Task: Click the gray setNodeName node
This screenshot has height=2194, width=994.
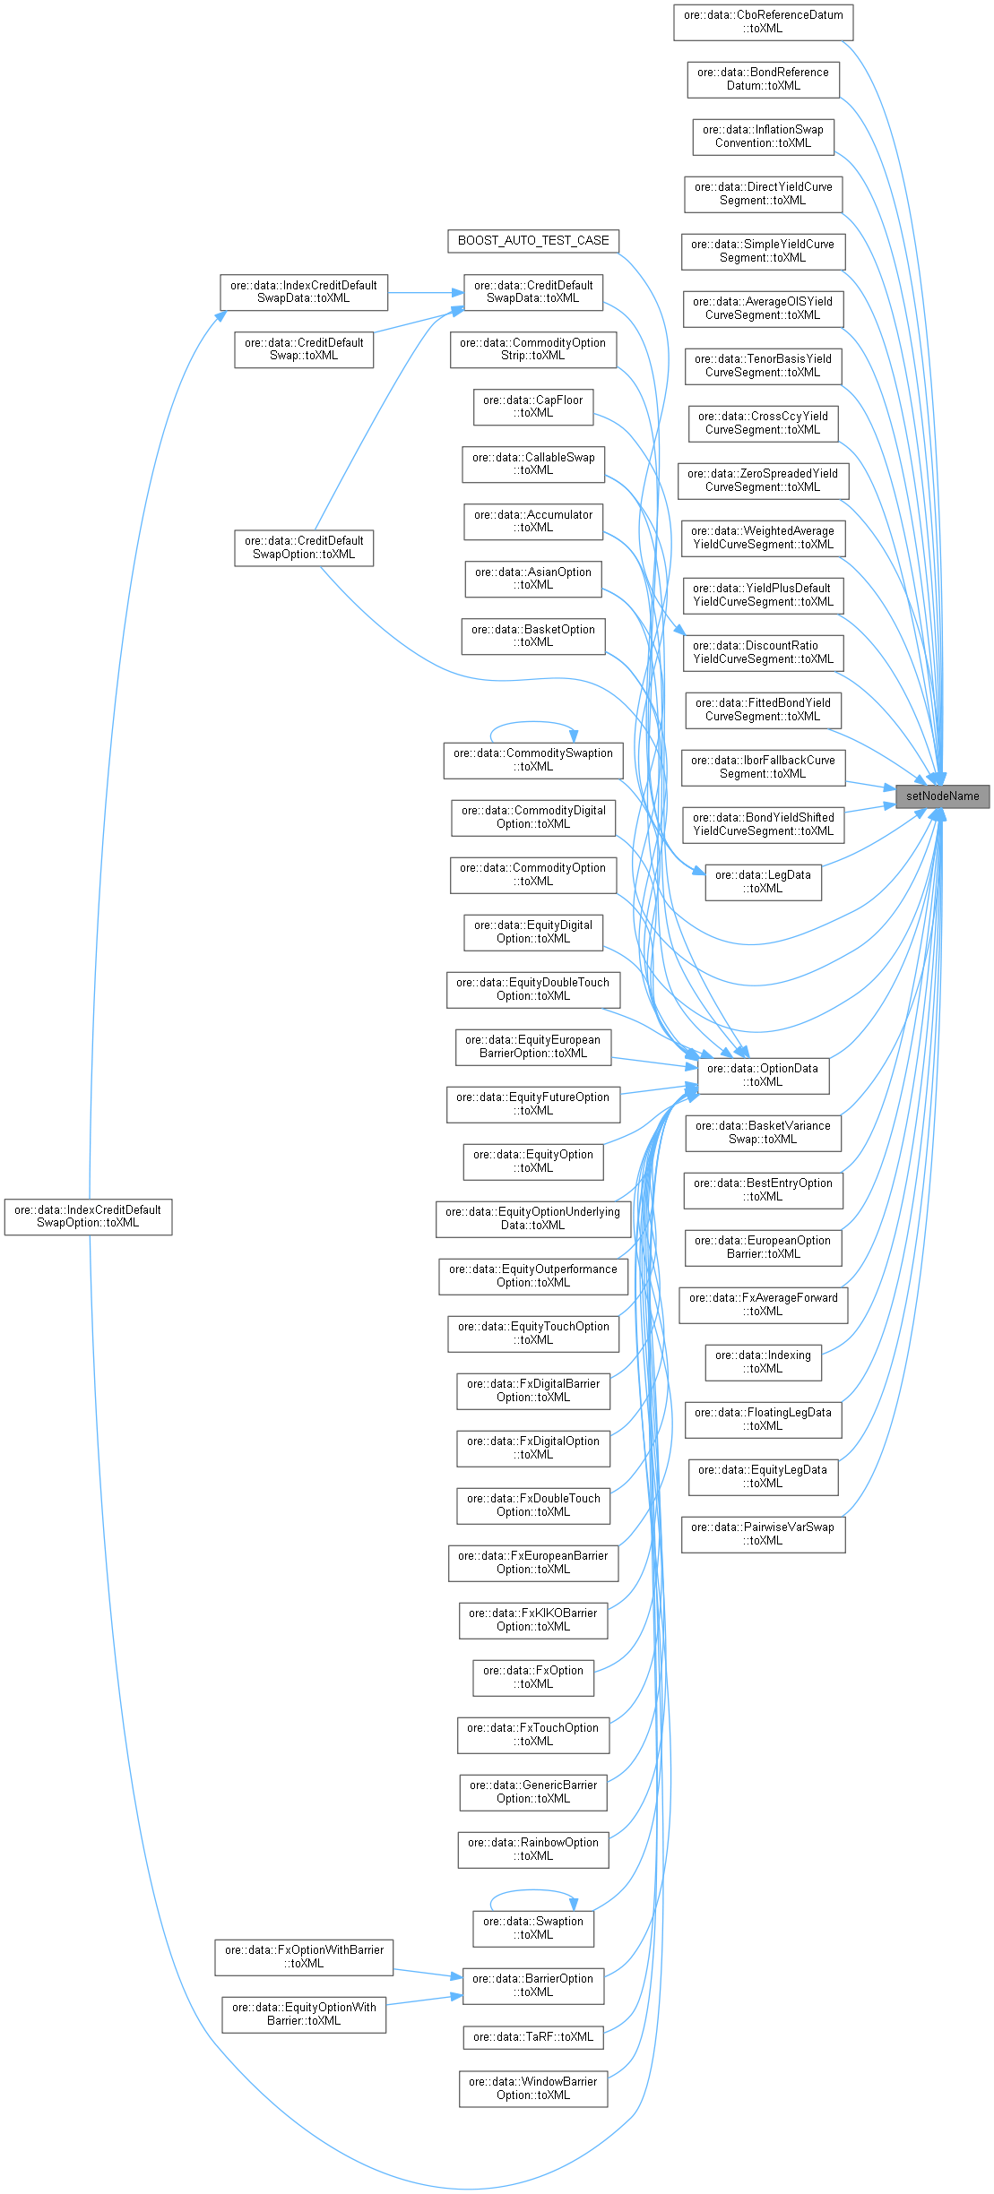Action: [x=942, y=796]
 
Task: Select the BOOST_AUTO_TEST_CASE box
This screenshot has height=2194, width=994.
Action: [x=533, y=241]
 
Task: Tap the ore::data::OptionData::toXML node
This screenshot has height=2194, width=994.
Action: [x=763, y=1075]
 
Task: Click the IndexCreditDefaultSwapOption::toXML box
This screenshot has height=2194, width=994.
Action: [x=88, y=1217]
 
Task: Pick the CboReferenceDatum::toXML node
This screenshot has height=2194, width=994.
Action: [x=763, y=22]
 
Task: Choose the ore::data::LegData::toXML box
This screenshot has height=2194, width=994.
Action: [x=763, y=882]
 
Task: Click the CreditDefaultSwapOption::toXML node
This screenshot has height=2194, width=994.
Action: [x=304, y=547]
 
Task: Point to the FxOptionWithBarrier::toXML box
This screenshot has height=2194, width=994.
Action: [x=304, y=1957]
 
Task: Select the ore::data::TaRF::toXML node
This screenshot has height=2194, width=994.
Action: [x=533, y=2036]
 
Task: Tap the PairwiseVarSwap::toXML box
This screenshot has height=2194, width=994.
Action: [x=763, y=1534]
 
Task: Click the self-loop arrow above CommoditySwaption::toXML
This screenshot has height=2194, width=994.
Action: [x=532, y=722]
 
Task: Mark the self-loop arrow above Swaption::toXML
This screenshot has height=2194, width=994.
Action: [x=532, y=1890]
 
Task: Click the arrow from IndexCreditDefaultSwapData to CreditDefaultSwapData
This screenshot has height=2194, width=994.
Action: [x=426, y=292]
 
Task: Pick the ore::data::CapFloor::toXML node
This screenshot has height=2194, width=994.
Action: [x=533, y=407]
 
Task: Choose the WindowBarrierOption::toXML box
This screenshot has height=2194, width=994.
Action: [x=533, y=2087]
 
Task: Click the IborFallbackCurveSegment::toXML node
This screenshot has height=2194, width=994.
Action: [x=763, y=767]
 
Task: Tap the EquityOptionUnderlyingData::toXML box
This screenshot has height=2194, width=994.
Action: [x=533, y=1218]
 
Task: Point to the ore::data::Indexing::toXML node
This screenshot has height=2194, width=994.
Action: [x=763, y=1362]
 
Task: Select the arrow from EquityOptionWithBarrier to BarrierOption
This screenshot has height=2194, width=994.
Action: [x=424, y=2000]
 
